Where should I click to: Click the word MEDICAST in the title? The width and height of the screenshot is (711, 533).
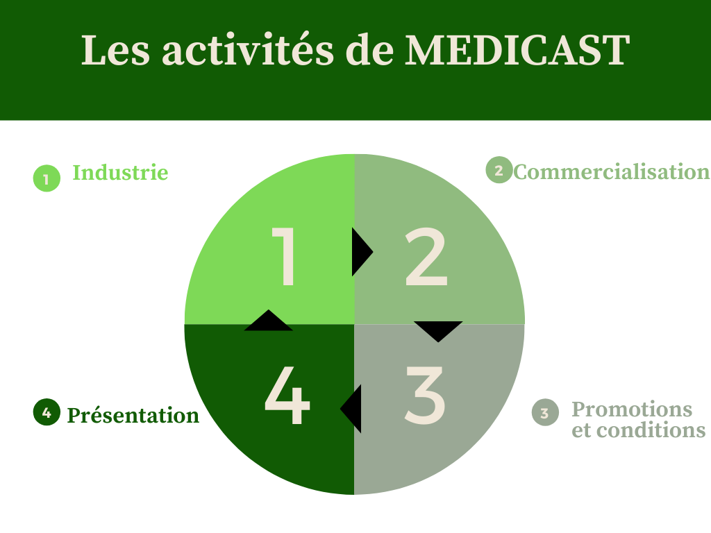(517, 50)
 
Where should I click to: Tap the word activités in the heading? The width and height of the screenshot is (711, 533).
(248, 49)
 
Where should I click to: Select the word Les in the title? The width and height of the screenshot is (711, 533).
(116, 50)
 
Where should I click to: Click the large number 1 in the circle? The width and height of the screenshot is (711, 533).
(284, 257)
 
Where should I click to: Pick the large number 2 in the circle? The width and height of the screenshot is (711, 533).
(426, 257)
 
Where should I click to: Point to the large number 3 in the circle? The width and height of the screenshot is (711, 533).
(424, 395)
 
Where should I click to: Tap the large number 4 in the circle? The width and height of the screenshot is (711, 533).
(287, 395)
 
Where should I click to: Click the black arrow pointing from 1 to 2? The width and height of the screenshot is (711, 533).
(362, 251)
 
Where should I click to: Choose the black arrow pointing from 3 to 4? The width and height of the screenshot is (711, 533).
(351, 409)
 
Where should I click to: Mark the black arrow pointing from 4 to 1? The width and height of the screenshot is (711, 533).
(269, 321)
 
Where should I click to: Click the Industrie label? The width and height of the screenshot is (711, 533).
(121, 173)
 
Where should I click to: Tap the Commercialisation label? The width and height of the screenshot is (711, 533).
(612, 172)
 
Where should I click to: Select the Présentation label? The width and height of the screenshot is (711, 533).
(133, 415)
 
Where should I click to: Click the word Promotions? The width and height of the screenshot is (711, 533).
(632, 409)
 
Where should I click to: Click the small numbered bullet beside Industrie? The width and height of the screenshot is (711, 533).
(47, 178)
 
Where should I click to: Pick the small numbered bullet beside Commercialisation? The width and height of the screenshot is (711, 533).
(499, 170)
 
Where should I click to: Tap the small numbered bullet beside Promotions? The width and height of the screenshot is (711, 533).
(545, 412)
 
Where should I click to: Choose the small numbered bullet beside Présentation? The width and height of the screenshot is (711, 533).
(47, 412)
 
